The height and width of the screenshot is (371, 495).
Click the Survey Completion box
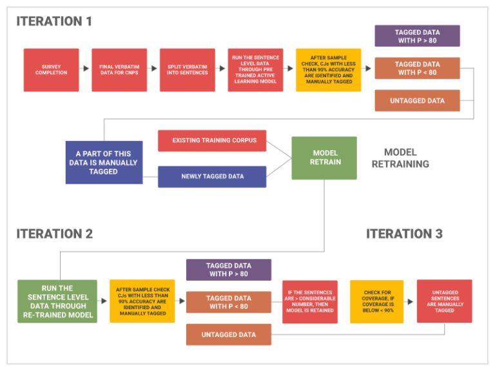coord(51,70)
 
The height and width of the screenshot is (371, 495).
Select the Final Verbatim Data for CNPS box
coord(119,70)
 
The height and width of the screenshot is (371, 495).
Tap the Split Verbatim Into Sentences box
coord(187,70)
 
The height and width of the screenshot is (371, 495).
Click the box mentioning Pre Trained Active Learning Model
coord(255,70)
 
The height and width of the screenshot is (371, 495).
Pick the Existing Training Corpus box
coord(211,140)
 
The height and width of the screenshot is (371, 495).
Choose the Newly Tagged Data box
coord(211,176)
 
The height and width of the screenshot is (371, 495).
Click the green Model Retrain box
coord(324,158)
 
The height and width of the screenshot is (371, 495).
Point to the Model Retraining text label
coord(400,158)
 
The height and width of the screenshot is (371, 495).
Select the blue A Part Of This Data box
coord(104,162)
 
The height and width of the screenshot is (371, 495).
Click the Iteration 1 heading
coord(54,21)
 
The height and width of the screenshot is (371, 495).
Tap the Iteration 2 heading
coord(55,234)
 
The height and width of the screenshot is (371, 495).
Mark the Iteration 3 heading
coord(405,234)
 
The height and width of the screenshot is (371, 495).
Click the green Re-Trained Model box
coord(57,301)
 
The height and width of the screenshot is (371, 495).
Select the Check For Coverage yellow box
coord(376,301)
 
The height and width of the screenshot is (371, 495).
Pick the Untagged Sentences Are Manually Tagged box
coord(444,301)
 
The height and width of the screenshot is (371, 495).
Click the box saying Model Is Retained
coord(309,301)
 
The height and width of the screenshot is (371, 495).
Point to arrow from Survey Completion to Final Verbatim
coord(85,68)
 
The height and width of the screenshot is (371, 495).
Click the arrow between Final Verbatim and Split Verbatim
coord(153,68)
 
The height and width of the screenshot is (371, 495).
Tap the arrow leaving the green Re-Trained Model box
coord(103,301)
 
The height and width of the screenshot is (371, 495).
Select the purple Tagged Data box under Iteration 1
coord(417,36)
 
